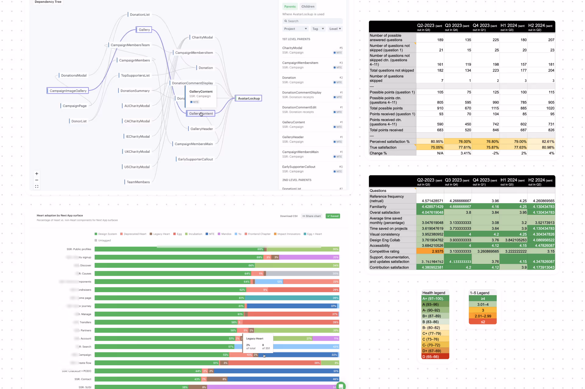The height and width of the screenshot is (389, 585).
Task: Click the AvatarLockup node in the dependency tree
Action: tap(249, 98)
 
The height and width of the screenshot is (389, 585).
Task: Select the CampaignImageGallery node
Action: tap(68, 91)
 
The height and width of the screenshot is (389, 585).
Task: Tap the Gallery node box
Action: tap(144, 30)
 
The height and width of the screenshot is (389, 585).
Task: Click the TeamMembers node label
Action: tap(138, 182)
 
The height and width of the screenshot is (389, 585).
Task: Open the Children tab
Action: tap(308, 6)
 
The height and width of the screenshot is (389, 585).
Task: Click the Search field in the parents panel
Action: tap(312, 21)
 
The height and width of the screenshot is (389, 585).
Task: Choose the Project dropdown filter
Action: tap(295, 29)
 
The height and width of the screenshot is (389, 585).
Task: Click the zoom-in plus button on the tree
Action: tap(37, 173)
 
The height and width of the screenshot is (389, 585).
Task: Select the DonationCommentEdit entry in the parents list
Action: tap(299, 107)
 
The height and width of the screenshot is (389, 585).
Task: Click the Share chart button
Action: tap(311, 216)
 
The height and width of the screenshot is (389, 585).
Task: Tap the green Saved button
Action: tap(333, 216)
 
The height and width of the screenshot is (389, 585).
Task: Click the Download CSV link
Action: tap(289, 216)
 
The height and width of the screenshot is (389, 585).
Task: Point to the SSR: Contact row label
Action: tap(83, 379)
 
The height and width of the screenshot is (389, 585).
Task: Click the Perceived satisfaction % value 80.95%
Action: tap(437, 142)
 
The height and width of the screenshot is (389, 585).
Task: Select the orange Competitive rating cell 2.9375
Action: tap(437, 251)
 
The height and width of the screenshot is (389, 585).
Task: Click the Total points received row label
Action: tap(386, 130)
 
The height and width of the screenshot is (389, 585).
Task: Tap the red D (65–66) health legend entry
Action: tap(435, 357)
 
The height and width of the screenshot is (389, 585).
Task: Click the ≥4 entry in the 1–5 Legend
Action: tap(483, 299)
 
